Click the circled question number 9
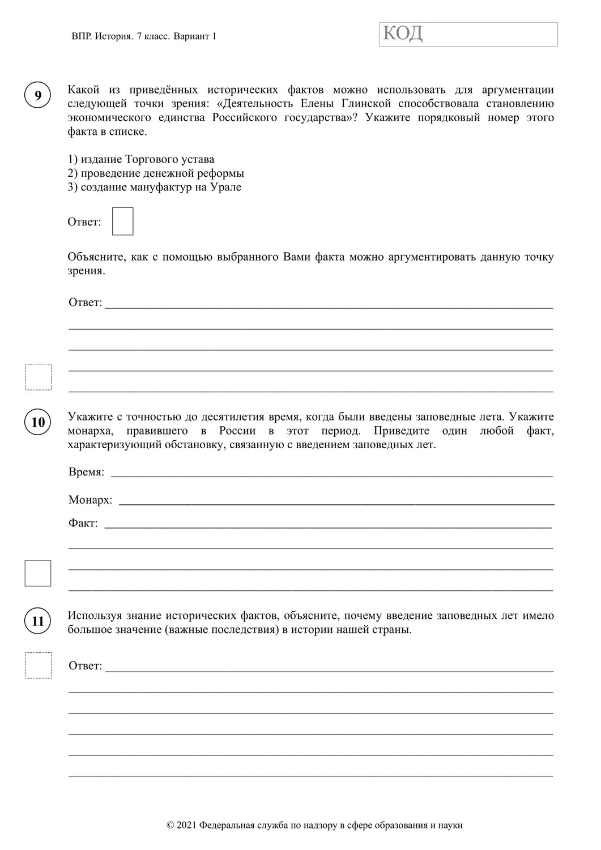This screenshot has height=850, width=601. coord(38,95)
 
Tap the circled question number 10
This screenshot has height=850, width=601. coord(38,422)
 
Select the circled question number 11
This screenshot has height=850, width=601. coord(38,621)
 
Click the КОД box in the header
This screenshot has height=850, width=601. coord(468,34)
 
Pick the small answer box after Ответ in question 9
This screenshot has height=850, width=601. coord(122,222)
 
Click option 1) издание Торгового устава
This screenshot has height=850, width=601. coord(140,159)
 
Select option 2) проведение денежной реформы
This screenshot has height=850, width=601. coord(156,173)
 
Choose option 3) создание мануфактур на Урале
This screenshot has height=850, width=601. coord(154,187)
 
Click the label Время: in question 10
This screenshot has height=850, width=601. coord(86,472)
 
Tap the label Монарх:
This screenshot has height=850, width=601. coord(90,500)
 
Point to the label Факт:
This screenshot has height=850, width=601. coord(83,523)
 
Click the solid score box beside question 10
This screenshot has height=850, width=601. coord(38,573)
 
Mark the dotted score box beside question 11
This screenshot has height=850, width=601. coord(38,665)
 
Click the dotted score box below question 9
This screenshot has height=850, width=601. coord(38,377)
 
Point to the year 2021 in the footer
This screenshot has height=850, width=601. coord(187,826)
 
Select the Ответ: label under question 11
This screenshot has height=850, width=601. coord(85,666)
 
